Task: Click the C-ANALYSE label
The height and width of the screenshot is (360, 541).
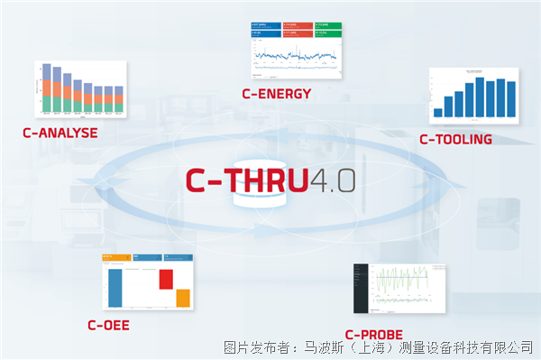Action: (x=60, y=133)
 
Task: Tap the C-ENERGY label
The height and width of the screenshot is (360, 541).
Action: (x=277, y=93)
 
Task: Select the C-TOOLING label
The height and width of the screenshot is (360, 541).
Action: (x=455, y=139)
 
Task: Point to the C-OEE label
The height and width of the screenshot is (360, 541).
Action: (x=108, y=325)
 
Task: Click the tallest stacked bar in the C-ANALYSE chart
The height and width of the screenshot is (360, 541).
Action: (x=47, y=90)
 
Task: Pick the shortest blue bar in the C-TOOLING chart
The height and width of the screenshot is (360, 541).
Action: (x=438, y=112)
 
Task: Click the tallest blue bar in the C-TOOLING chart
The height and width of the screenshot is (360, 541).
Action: (x=480, y=97)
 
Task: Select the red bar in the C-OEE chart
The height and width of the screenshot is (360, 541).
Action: (x=166, y=279)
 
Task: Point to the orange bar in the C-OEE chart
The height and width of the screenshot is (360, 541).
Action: (x=182, y=298)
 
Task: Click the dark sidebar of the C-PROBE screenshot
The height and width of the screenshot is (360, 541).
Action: (x=362, y=289)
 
